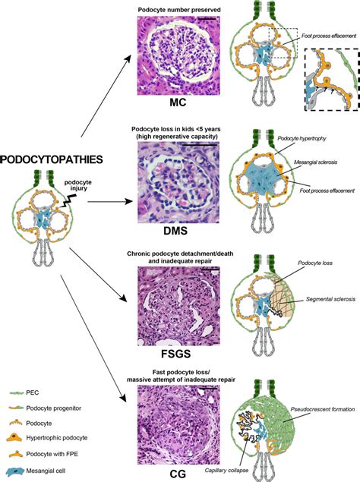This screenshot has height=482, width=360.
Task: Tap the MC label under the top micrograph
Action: click(x=180, y=102)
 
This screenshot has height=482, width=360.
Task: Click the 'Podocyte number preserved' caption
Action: click(x=180, y=9)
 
